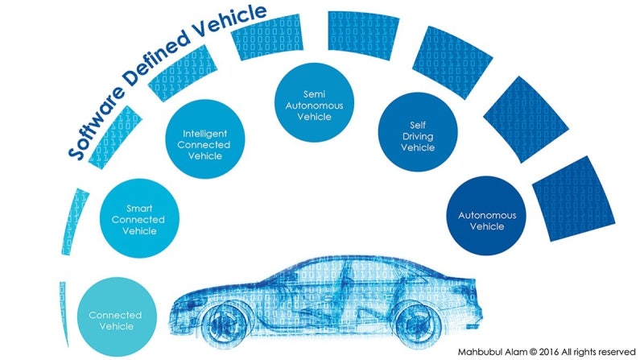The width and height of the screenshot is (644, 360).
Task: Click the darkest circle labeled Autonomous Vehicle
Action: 481,220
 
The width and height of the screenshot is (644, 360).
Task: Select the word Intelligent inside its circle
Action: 206,133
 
